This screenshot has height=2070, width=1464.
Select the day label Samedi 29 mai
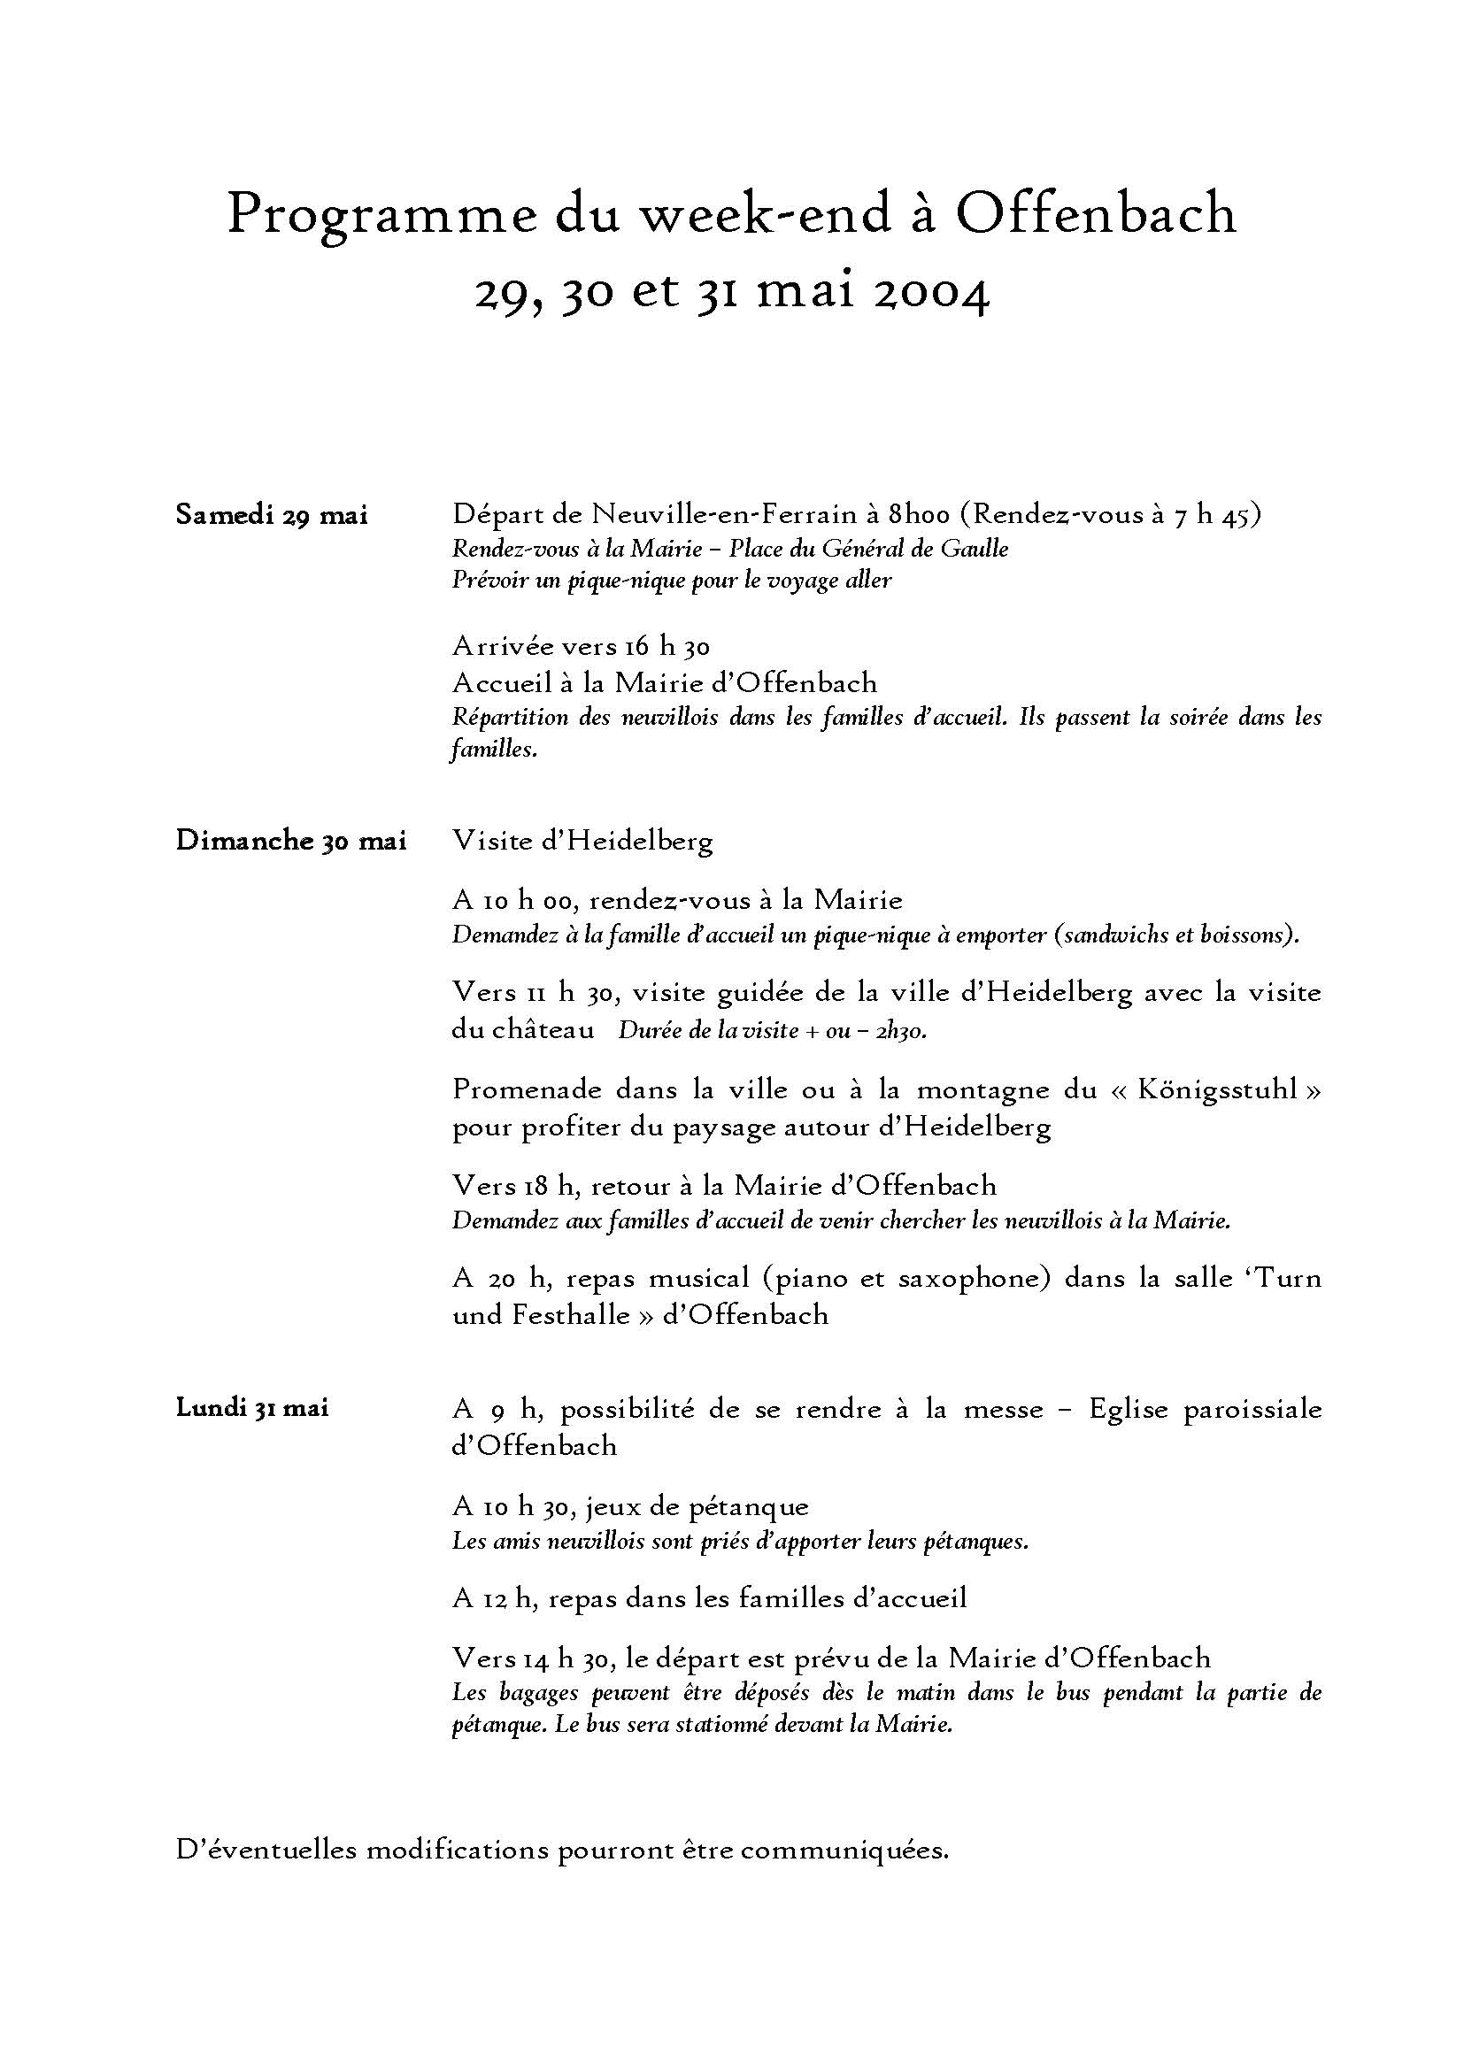point(272,516)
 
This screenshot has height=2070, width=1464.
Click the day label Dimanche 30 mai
point(291,840)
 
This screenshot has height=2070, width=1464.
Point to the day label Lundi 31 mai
point(251,1407)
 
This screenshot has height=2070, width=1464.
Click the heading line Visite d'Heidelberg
point(582,840)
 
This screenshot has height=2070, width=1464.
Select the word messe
point(1005,1409)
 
